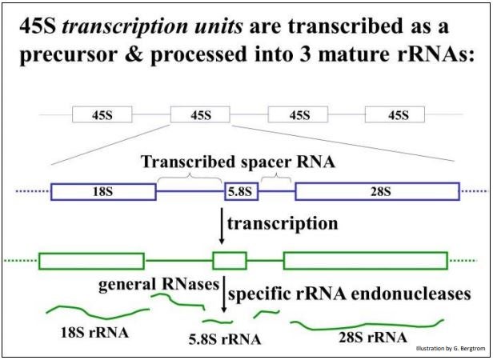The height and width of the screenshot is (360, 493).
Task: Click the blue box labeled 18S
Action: click(x=103, y=192)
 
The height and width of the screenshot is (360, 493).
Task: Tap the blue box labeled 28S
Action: click(x=378, y=192)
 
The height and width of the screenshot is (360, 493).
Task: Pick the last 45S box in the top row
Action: click(x=398, y=114)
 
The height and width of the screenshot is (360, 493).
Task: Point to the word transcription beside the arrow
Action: click(x=282, y=224)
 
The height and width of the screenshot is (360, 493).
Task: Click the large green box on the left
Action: click(x=91, y=261)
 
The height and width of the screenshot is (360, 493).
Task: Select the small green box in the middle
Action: click(x=229, y=261)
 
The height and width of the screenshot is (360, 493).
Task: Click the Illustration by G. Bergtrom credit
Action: click(x=450, y=350)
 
